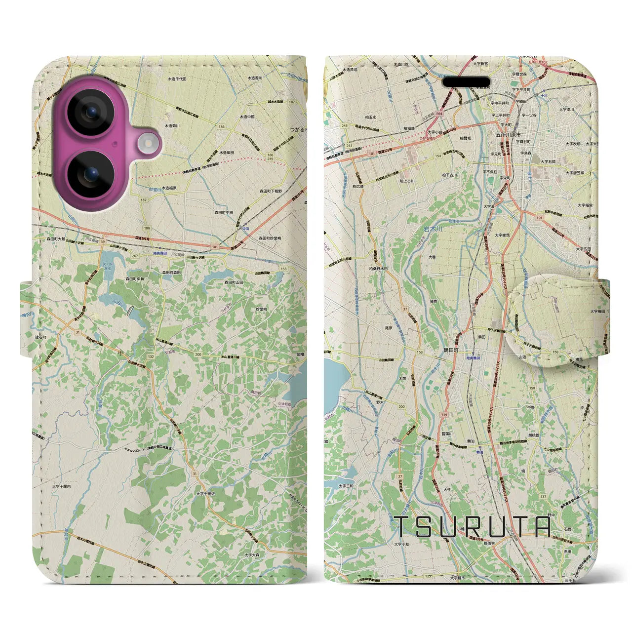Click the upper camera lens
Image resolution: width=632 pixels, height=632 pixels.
tap(91, 113)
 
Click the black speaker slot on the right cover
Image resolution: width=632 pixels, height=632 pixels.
tap(466, 82)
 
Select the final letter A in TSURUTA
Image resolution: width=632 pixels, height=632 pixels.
tap(542, 527)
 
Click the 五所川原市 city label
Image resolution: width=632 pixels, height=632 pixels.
tap(509, 134)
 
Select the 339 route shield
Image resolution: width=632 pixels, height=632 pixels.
tap(444, 415)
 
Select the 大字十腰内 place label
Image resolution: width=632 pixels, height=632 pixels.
tap(62, 486)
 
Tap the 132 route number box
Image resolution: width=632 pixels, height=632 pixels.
tap(151, 356)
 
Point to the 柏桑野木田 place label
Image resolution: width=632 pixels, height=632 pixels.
tap(378, 269)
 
